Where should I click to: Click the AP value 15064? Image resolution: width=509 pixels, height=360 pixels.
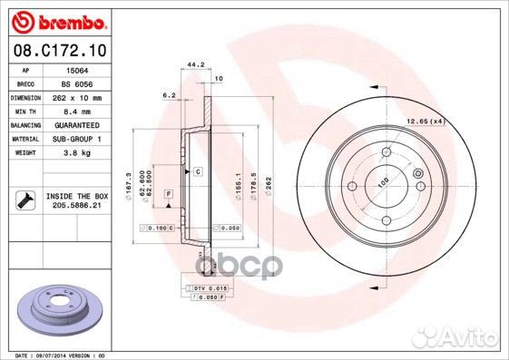(x=77, y=69)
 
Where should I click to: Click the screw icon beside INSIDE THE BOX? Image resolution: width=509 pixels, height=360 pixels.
(x=24, y=199)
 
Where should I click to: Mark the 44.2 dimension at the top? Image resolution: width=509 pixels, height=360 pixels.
(x=192, y=64)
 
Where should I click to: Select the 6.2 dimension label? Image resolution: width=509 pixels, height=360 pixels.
(x=168, y=94)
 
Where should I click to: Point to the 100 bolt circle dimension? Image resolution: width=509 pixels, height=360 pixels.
(x=383, y=182)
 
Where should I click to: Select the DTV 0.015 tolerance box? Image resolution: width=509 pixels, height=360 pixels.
(x=210, y=287)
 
